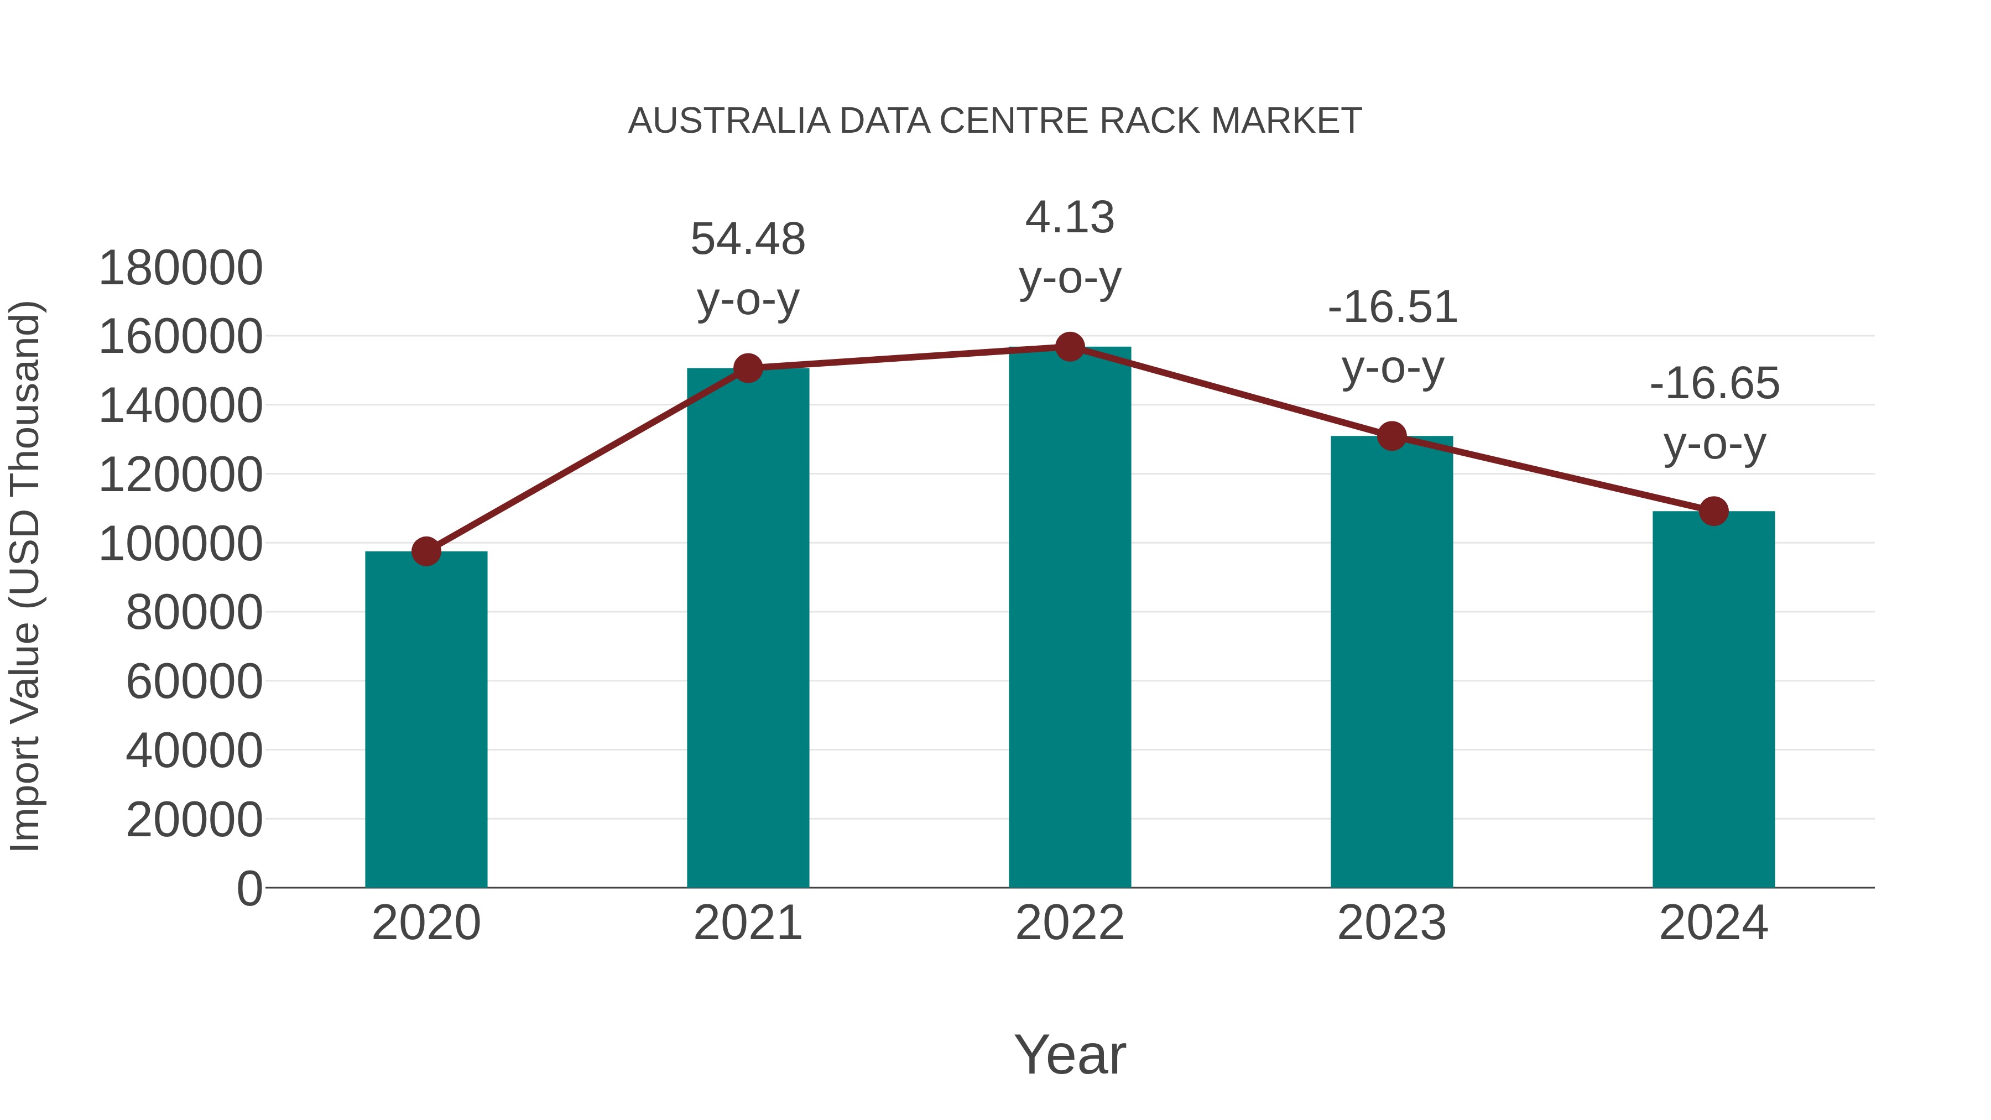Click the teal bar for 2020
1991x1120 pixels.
click(426, 719)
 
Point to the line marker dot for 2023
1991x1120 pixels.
click(1392, 436)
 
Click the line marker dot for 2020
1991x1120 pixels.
click(426, 551)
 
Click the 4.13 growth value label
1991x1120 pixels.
click(1070, 217)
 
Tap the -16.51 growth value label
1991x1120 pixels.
click(1392, 307)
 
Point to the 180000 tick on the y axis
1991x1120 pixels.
click(181, 268)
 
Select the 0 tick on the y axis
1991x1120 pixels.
click(249, 888)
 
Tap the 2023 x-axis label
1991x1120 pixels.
click(1392, 923)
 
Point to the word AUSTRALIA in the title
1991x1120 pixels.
click(729, 121)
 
